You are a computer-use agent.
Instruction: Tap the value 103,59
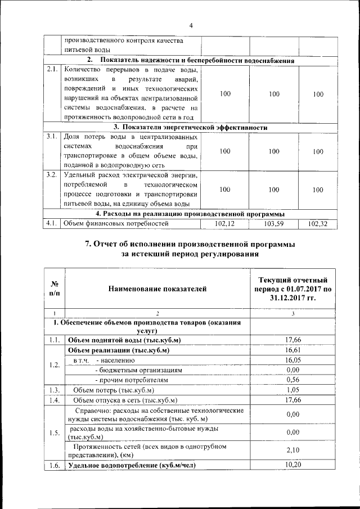tap(273, 224)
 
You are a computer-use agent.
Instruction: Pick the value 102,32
tap(318, 224)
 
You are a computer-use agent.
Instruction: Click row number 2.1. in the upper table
tap(52, 70)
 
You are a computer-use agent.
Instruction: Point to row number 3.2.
tap(52, 175)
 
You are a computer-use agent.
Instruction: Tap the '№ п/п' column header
tap(55, 289)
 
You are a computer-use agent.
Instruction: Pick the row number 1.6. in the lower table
tap(55, 465)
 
